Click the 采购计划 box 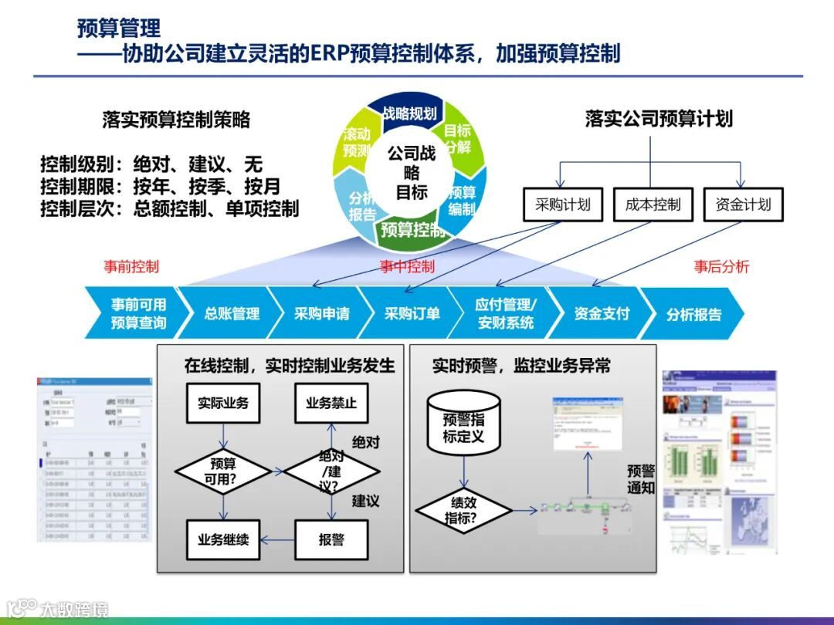(563, 204)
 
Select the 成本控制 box (653, 204)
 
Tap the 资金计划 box (743, 204)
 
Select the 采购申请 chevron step (321, 313)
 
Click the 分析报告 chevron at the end (693, 314)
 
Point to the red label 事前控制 (131, 267)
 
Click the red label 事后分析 (721, 267)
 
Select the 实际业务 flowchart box (223, 403)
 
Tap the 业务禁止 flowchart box (332, 403)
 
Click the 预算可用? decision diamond (223, 471)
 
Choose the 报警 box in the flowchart (331, 539)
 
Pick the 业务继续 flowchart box (223, 539)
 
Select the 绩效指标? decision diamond (463, 510)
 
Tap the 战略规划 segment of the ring (409, 113)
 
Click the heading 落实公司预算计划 (659, 119)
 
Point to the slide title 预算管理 (119, 29)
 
